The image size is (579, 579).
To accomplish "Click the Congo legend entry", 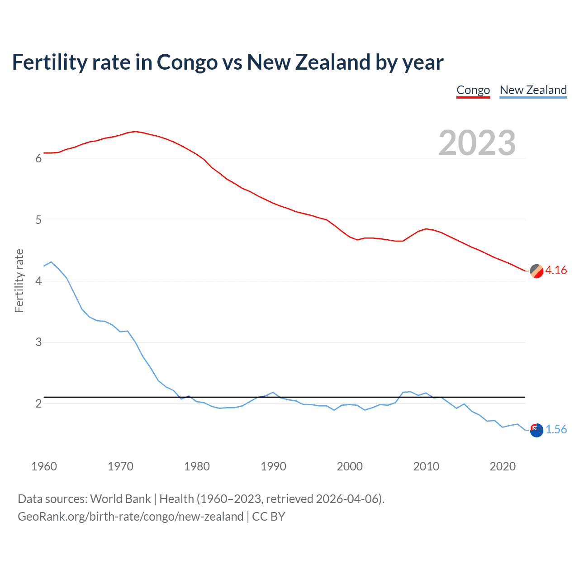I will click(473, 90).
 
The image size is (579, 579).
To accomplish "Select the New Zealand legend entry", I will click(533, 90).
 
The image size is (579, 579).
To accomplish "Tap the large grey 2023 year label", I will click(477, 143).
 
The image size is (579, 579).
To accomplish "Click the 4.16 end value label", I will click(556, 270).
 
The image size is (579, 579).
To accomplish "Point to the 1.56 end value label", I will click(556, 429).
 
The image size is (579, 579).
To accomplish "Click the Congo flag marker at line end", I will click(536, 271).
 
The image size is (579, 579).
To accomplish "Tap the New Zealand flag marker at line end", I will click(536, 430).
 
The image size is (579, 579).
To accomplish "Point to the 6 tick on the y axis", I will click(38, 158).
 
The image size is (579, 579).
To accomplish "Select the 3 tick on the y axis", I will click(38, 342).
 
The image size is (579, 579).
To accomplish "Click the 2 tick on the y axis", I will click(38, 403).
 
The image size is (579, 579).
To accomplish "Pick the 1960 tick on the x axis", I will click(44, 466).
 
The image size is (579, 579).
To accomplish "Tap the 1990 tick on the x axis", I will click(273, 466).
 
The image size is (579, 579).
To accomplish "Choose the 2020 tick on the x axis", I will click(503, 466).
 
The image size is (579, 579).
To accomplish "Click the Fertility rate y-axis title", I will click(19, 280).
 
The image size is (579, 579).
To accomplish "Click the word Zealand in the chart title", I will click(333, 62).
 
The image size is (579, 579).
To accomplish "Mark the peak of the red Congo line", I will click(135, 131).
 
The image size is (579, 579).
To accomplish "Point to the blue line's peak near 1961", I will click(51, 262).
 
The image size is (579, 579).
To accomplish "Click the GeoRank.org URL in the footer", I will click(130, 517).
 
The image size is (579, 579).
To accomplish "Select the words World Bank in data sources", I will click(120, 499).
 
